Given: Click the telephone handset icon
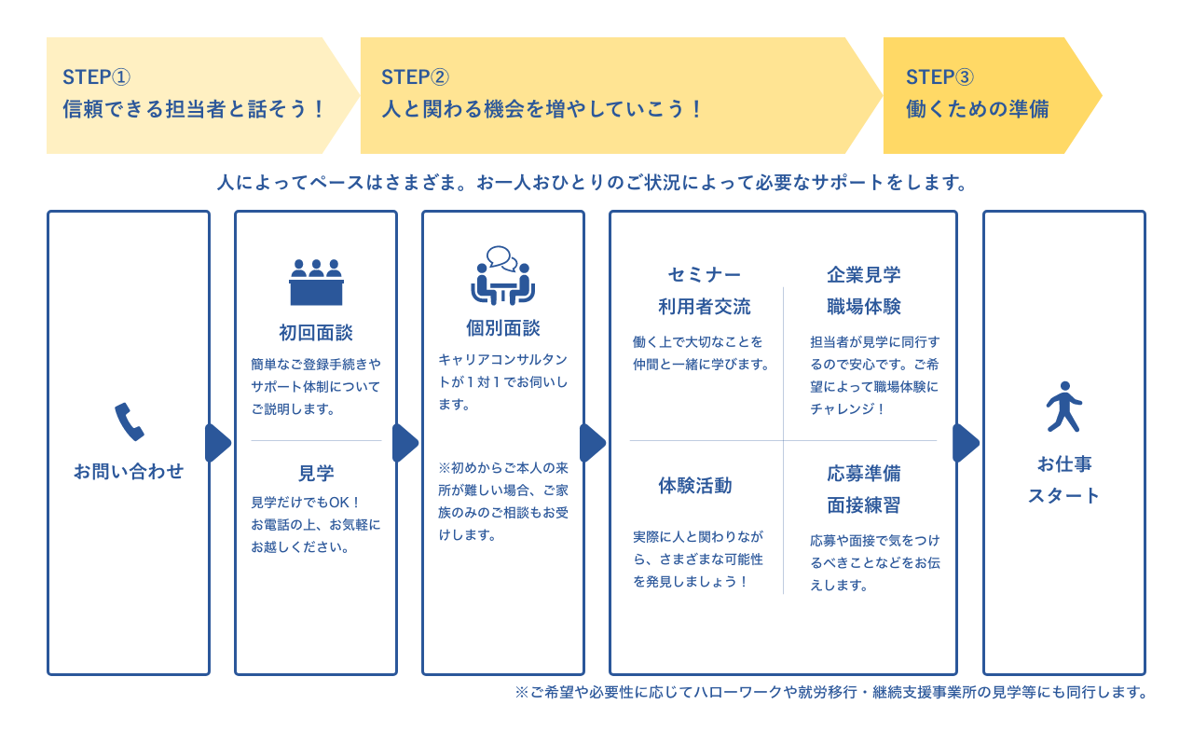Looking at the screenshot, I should pos(129,421).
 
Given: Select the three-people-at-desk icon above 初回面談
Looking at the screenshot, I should pos(316,282).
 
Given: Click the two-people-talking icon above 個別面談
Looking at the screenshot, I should pos(502,276).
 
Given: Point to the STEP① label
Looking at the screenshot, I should pos(97,77).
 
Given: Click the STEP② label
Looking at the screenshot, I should pos(415,77).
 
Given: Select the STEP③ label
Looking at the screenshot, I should pos(939,77).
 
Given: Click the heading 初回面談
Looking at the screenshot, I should pos(316,333).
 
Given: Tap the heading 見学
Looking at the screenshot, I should pos(316,473).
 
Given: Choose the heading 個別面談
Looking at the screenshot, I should pos(502,328).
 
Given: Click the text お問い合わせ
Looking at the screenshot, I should pos(129,472).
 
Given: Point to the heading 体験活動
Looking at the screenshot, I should pos(695,486).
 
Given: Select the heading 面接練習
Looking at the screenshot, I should pos(863,505).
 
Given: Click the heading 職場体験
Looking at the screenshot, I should pos(863,307).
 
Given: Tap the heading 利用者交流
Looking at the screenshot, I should pos(705,307).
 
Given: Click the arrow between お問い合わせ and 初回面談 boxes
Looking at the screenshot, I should pos(218,443).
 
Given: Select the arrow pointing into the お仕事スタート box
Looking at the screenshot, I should pos(966,443).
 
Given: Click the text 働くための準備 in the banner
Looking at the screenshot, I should pos(977,109).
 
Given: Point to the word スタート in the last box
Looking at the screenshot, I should pos(1063,496).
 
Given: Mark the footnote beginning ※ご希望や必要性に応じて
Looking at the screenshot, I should pos(830,693).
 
